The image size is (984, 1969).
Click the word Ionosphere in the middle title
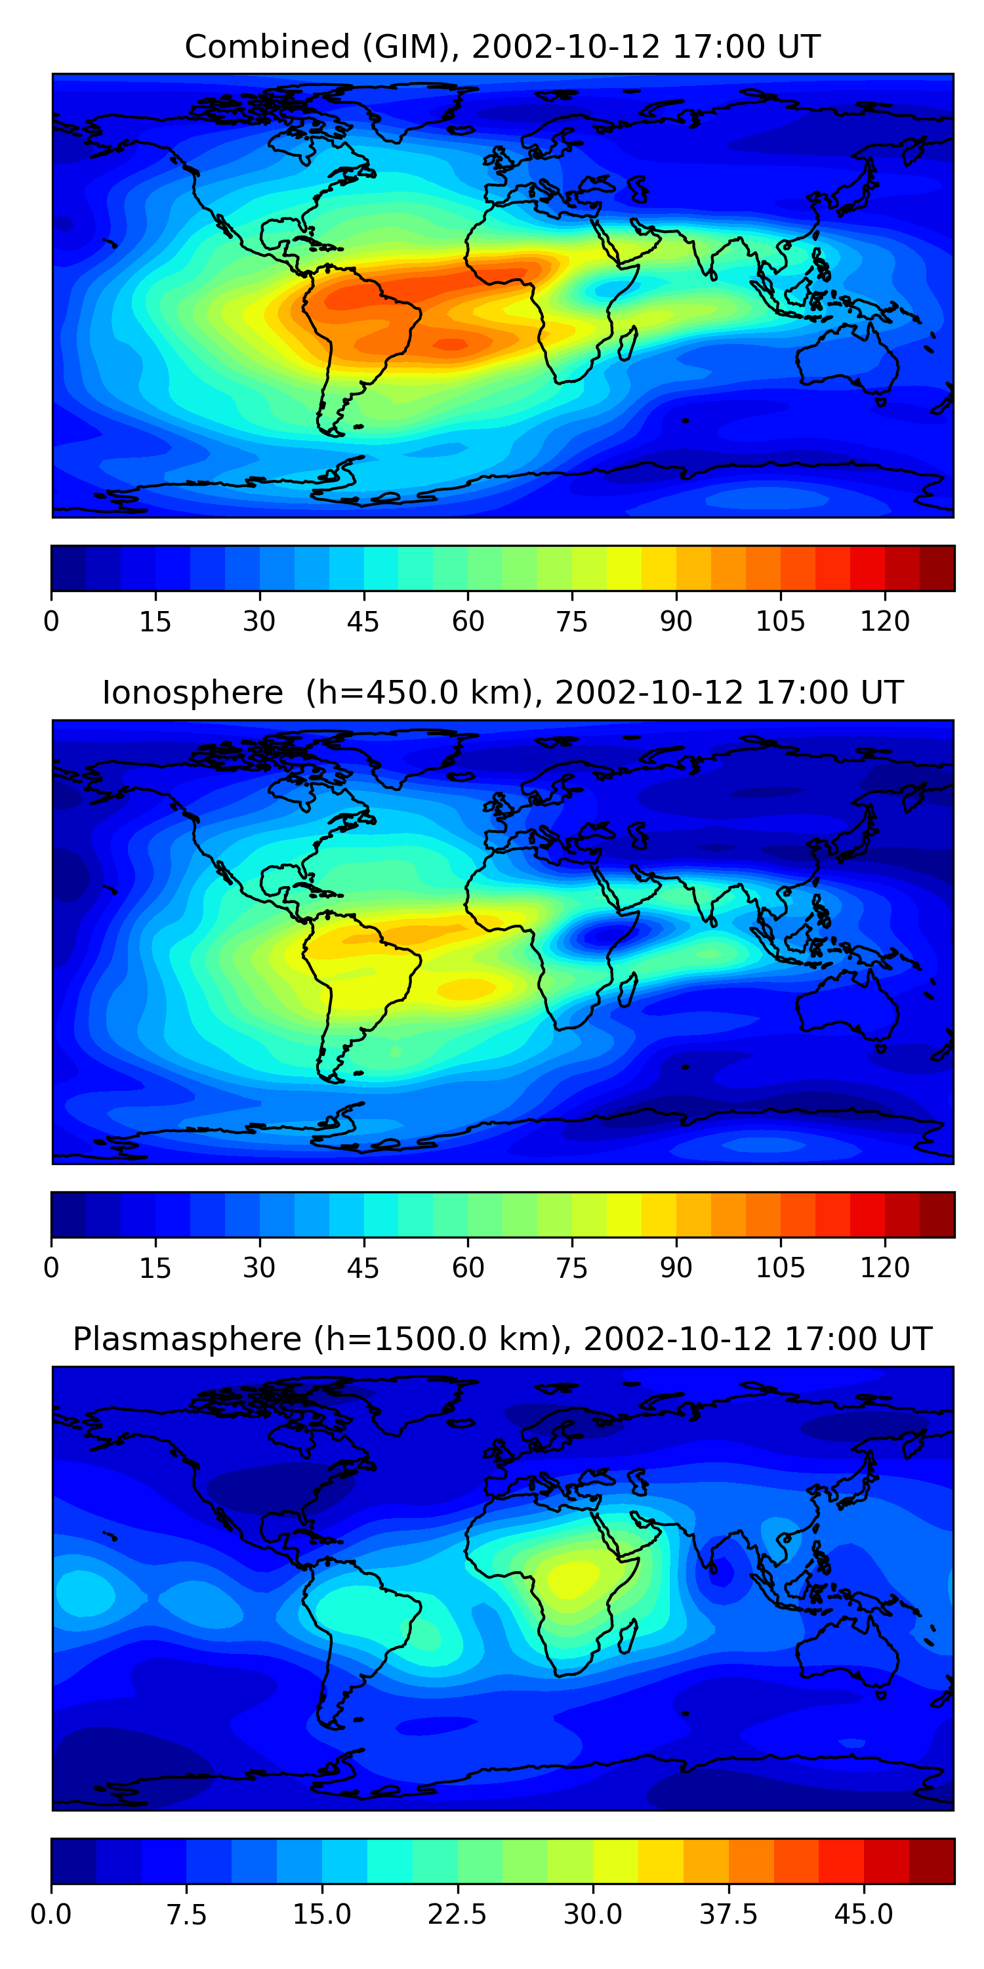(x=192, y=693)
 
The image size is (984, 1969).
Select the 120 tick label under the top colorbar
(x=885, y=622)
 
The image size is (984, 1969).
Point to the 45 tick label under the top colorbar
(x=363, y=622)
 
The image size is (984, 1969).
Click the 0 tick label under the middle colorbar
(x=51, y=1267)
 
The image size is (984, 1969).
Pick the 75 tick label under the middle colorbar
(x=571, y=1267)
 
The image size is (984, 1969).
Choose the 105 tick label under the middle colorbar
(x=780, y=1267)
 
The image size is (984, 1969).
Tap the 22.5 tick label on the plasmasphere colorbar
(x=457, y=1914)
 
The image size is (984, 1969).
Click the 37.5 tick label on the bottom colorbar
(x=728, y=1914)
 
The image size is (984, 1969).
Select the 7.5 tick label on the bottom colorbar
(x=186, y=1914)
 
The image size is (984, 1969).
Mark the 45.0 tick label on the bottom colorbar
(x=863, y=1914)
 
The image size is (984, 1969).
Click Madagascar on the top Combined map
(x=627, y=343)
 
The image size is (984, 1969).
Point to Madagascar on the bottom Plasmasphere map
(x=627, y=1636)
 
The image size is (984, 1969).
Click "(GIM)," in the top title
(x=411, y=47)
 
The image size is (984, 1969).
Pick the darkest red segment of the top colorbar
(x=937, y=568)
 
